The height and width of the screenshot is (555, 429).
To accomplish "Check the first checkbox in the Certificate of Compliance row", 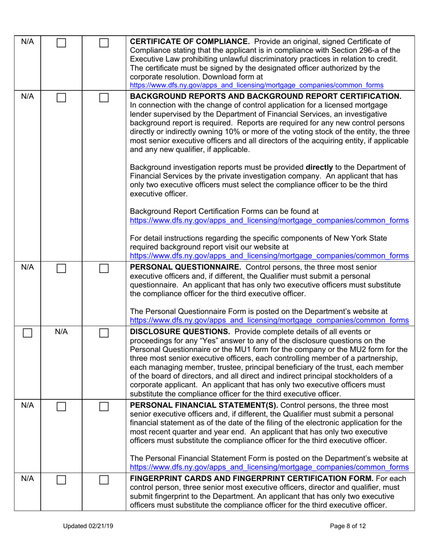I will click(61, 43).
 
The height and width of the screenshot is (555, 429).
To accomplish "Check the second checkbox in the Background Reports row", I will click(104, 97).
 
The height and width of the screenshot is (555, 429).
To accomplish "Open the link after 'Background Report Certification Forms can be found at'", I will click(270, 221).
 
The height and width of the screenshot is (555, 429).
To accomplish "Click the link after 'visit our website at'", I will click(270, 256).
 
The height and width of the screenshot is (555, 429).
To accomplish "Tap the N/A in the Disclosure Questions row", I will click(61, 333).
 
